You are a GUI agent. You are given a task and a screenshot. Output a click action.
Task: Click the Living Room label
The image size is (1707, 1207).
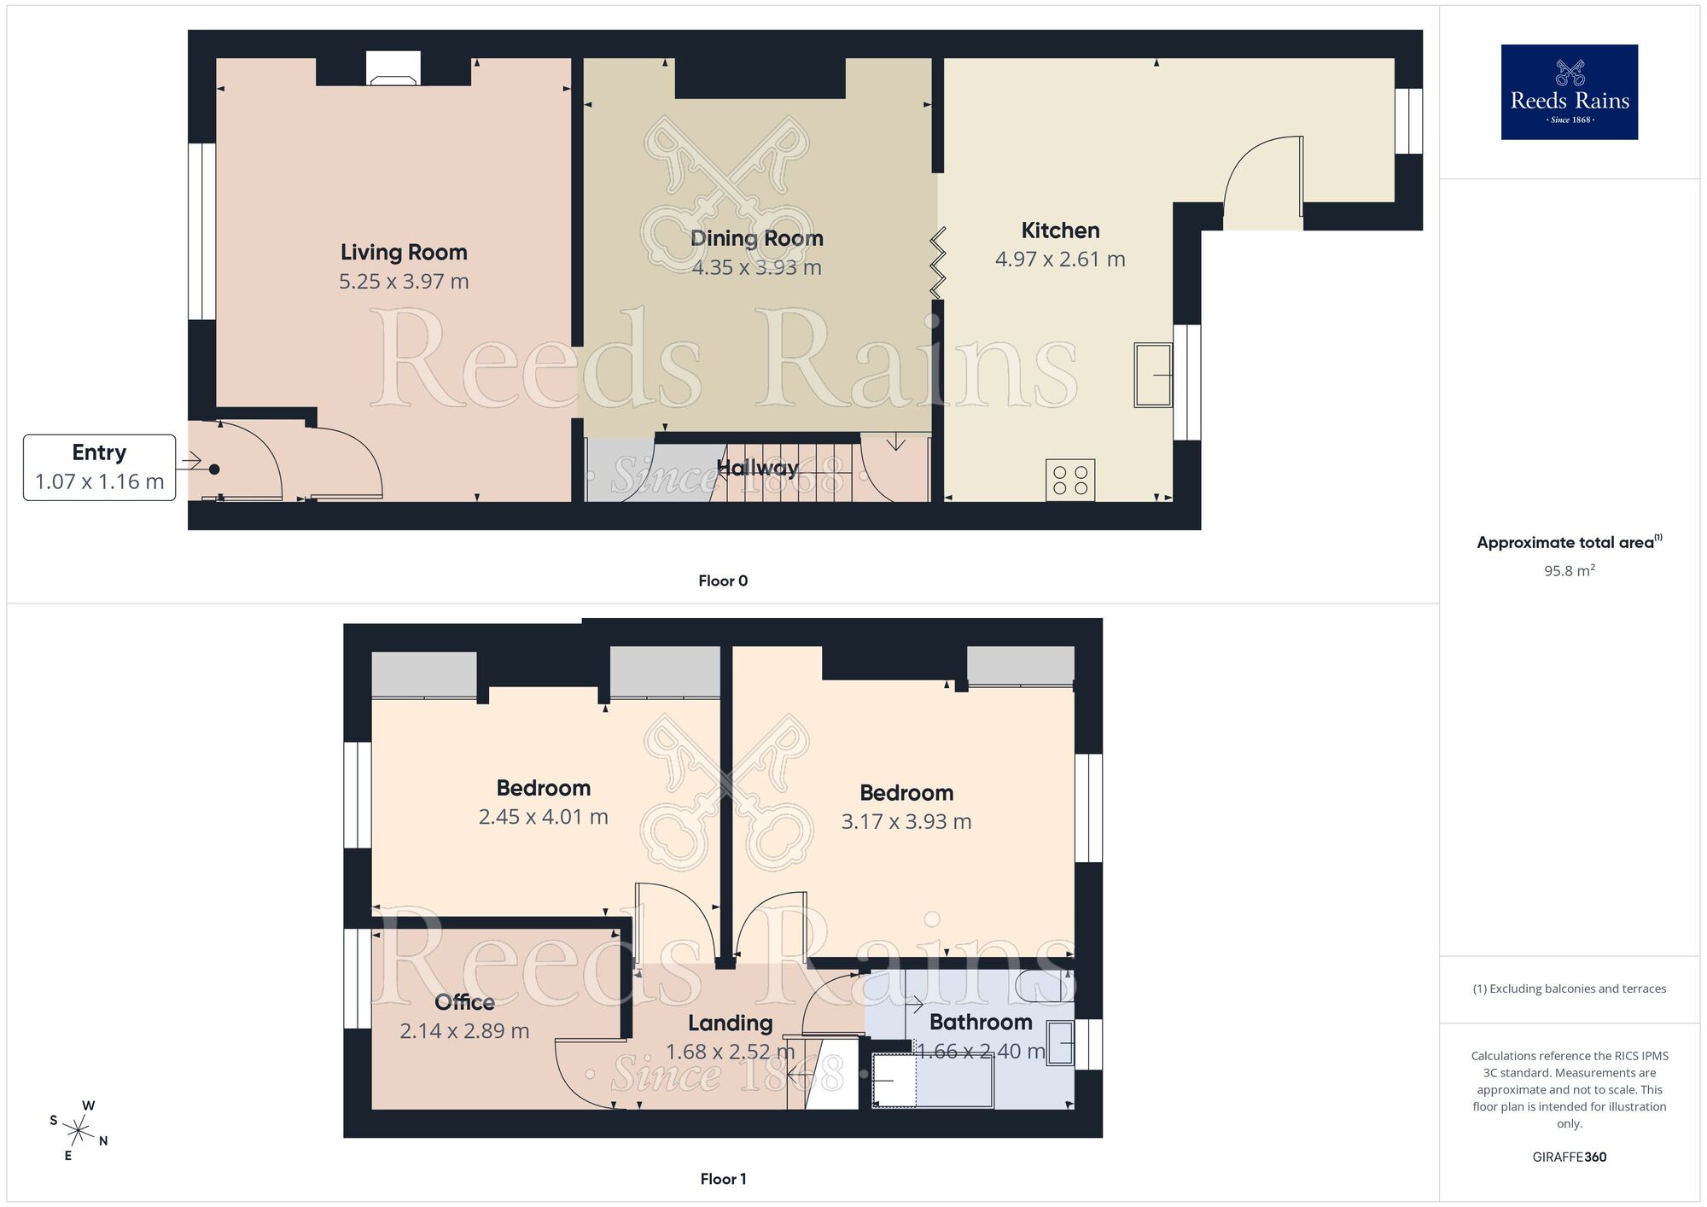click(404, 253)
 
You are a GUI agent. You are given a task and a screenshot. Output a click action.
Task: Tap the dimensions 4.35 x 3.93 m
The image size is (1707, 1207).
click(756, 268)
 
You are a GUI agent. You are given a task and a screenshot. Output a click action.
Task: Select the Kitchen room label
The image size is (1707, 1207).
click(1060, 230)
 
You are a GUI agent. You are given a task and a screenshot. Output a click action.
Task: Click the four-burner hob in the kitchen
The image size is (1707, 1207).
click(1070, 480)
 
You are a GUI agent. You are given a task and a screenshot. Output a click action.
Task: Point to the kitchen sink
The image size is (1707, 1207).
click(1153, 375)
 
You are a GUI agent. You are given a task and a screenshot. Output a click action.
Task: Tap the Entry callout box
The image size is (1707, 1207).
click(99, 467)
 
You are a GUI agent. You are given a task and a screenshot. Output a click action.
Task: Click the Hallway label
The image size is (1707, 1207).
click(757, 468)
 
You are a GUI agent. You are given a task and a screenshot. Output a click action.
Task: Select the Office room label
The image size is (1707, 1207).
click(464, 1002)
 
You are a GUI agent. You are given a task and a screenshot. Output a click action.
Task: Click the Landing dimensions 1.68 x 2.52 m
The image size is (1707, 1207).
click(730, 1052)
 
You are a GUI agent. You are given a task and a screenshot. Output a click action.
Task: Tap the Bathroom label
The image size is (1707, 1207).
click(981, 1022)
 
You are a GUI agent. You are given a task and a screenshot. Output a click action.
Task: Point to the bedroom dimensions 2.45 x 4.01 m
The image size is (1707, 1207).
click(543, 817)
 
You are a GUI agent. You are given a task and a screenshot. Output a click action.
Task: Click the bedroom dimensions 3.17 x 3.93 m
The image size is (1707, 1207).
click(906, 822)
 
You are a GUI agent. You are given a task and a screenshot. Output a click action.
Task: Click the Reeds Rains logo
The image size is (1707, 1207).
click(1569, 92)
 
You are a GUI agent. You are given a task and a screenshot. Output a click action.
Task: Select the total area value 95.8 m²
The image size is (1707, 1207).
click(1569, 571)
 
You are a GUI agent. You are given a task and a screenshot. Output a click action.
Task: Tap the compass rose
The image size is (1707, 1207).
click(79, 1132)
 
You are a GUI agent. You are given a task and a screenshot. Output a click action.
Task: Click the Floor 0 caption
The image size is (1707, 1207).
click(723, 581)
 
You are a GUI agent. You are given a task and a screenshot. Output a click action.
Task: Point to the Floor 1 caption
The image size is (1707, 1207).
click(723, 1179)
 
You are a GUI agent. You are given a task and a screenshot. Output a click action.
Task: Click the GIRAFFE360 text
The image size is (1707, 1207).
click(1569, 1157)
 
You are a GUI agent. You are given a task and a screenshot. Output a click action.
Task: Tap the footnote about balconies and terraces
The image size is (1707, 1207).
click(1569, 989)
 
